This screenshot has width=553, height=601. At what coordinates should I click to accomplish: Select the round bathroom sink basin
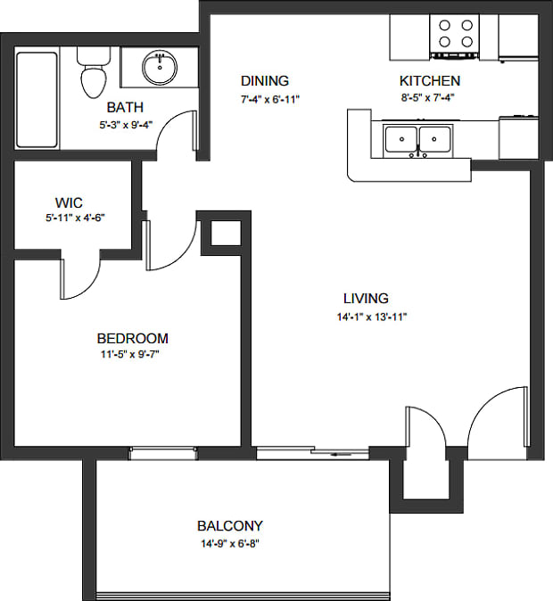161,65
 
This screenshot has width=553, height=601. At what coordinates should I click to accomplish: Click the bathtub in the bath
37,99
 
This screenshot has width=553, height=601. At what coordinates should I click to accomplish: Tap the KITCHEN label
429,81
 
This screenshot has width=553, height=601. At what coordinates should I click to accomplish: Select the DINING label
265,81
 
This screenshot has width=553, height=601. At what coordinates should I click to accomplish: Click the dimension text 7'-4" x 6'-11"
269,99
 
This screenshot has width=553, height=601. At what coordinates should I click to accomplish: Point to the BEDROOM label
132,339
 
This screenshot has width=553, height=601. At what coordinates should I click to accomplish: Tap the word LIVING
366,299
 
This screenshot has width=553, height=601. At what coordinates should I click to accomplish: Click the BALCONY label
230,526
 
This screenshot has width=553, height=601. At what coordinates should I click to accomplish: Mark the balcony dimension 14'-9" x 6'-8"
230,543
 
